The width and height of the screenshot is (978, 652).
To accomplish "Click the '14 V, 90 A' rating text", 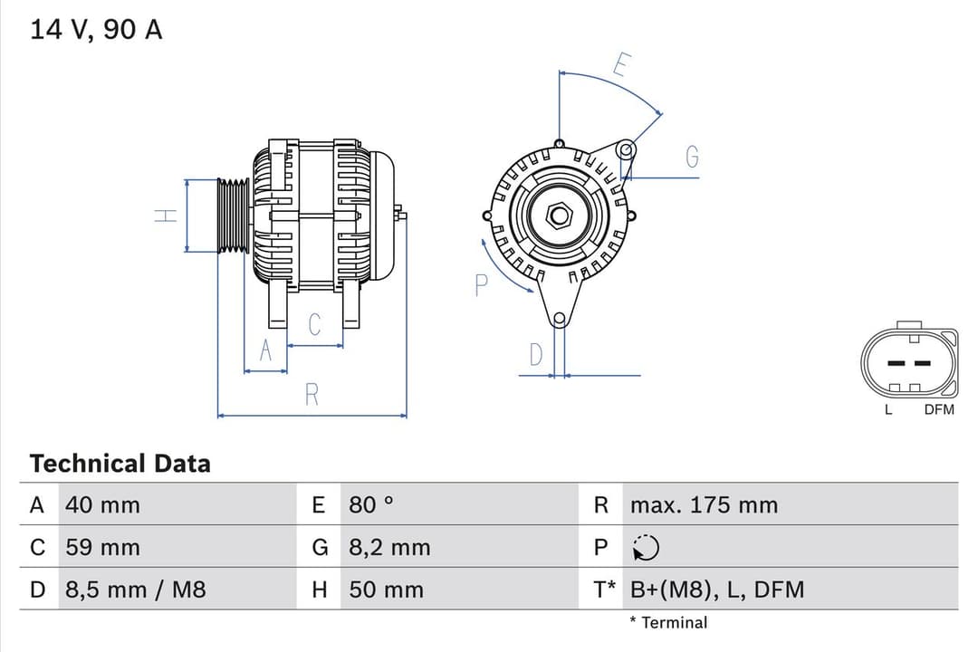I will (x=96, y=29).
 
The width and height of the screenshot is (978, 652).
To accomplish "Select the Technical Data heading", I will (x=120, y=463).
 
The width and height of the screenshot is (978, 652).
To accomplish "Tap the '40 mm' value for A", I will (x=102, y=504).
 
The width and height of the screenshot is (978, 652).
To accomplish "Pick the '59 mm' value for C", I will (x=102, y=547).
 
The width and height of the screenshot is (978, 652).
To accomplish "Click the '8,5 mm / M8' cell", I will (x=136, y=590).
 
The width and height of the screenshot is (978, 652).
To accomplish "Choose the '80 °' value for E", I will (x=371, y=504).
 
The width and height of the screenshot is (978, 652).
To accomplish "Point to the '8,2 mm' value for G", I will (x=389, y=547).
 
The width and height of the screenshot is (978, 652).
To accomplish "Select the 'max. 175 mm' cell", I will (x=704, y=504).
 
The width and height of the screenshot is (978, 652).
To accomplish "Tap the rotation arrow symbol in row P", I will (x=646, y=547).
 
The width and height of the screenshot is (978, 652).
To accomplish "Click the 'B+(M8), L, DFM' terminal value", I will (x=716, y=590).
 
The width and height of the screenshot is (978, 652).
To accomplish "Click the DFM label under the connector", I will (x=938, y=409).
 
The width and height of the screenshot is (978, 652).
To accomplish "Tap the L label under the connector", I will (x=888, y=409).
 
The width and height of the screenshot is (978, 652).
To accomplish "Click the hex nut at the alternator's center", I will (x=560, y=216).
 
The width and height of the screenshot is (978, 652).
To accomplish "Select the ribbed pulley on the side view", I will (x=234, y=216).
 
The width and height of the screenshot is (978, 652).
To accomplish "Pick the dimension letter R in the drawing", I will (x=312, y=395).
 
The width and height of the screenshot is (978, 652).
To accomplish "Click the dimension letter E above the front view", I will (x=621, y=65).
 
